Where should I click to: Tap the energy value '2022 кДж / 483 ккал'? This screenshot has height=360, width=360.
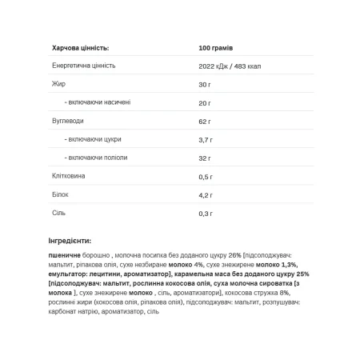239,66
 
